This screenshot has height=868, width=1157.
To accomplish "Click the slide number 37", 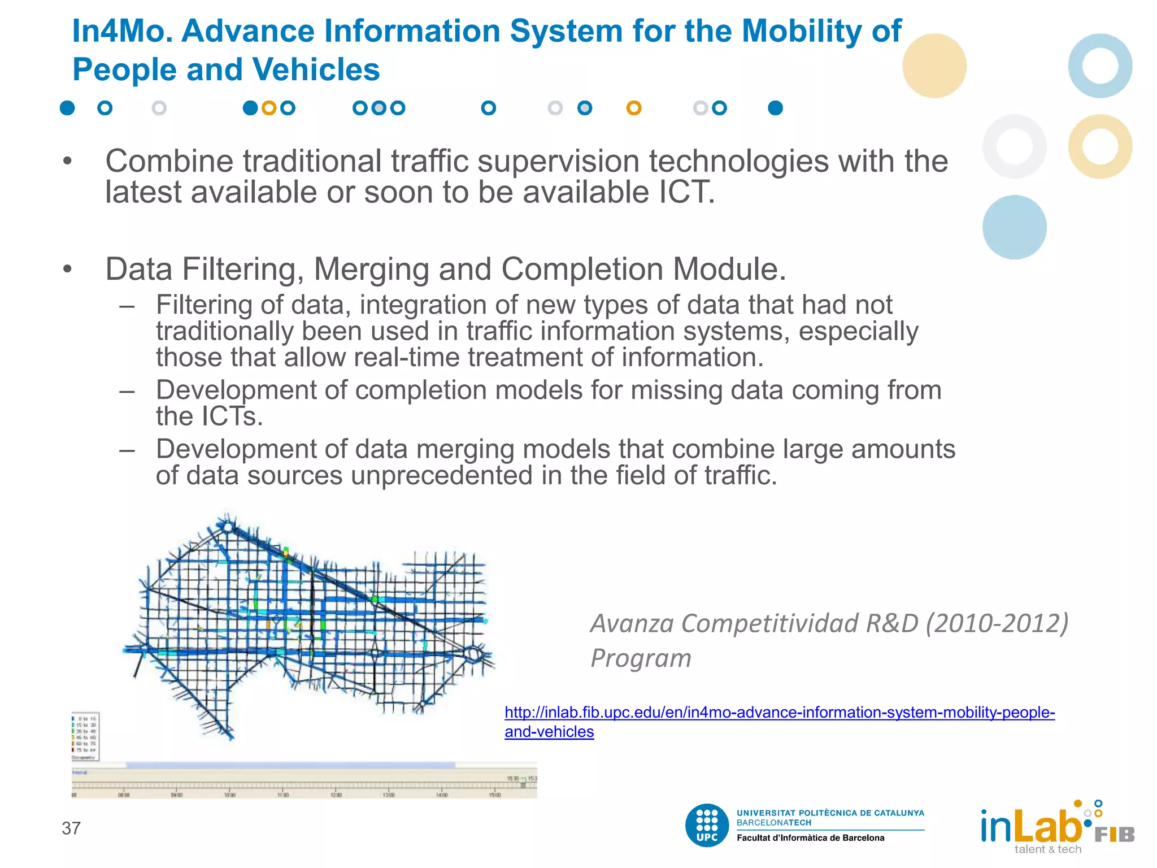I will [x=71, y=828].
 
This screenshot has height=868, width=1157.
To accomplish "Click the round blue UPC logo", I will [x=707, y=825].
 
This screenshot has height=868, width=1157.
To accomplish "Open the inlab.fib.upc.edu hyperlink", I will [x=779, y=713].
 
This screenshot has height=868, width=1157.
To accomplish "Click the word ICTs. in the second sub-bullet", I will [x=232, y=416].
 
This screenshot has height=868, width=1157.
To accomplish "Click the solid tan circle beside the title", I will [x=934, y=66].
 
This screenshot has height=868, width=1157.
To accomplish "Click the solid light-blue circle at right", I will [x=1014, y=227].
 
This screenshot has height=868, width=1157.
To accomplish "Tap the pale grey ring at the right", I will [x=1014, y=146].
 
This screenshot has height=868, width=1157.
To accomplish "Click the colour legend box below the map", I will [x=85, y=736].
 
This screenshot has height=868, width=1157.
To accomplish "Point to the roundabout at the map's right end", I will [x=472, y=655].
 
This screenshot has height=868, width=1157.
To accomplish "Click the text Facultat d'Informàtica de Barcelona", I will [x=810, y=838].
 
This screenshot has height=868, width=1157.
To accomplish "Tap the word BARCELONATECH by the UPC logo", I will [x=773, y=823].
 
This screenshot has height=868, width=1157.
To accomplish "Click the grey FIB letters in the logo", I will [x=1114, y=835].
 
